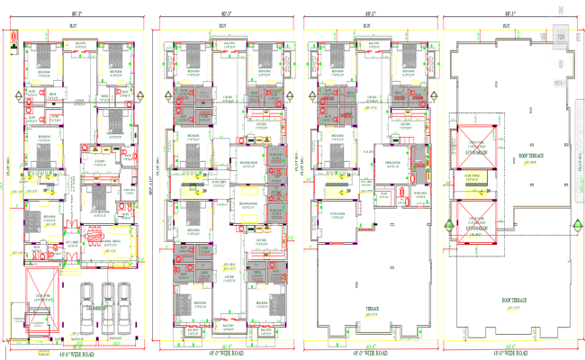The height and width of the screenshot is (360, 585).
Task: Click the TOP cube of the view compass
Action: coord(560,37)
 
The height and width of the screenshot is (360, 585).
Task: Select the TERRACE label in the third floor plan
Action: coord(370,307)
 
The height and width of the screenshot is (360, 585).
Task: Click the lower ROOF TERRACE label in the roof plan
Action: coord(514,299)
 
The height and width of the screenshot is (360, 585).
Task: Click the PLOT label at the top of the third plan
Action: coord(366,26)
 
